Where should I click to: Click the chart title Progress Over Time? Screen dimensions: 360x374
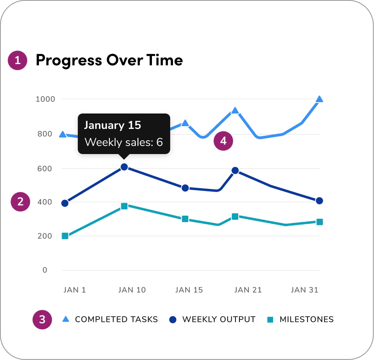[x=109, y=60]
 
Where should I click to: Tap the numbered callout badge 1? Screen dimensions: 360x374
[x=17, y=61]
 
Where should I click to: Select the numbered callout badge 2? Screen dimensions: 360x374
[x=20, y=202]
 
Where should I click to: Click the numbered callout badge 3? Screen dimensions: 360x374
[x=42, y=319]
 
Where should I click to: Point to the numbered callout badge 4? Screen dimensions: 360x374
[x=223, y=141]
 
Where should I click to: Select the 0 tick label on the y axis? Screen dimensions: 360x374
[x=45, y=270]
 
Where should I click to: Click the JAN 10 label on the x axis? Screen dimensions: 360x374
[x=132, y=290]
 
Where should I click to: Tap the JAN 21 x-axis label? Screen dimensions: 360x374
[x=248, y=290]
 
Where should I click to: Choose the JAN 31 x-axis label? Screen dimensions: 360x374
[x=304, y=290]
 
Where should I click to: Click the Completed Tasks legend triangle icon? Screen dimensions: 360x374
[x=66, y=319]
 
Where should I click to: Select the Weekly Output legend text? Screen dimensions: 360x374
[x=219, y=319]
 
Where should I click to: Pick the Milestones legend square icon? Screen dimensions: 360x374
[x=271, y=320]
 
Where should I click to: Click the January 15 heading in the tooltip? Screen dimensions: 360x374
[x=112, y=125]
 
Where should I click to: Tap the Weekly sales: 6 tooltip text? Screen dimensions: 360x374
[x=123, y=142]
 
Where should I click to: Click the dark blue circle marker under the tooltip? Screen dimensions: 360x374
[x=124, y=167]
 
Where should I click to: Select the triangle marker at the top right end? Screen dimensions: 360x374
[x=319, y=99]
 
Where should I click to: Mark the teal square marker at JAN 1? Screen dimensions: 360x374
[x=65, y=236]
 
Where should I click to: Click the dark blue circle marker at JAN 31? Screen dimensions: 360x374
[x=319, y=201]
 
